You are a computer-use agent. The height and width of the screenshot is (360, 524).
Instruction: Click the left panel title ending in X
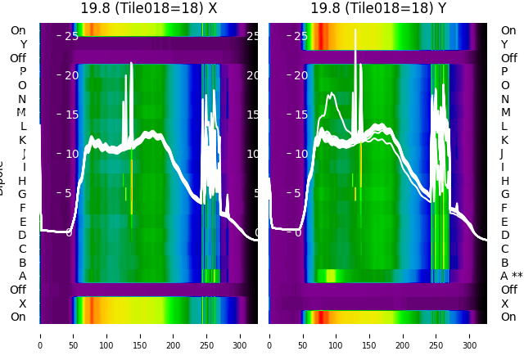pyautogui.click(x=148, y=8)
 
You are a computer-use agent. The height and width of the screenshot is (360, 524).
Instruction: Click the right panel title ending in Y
pyautogui.click(x=378, y=8)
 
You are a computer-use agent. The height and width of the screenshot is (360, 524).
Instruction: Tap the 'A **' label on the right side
pyautogui.click(x=512, y=276)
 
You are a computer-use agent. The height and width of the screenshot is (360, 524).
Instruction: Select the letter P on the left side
pyautogui.click(x=22, y=72)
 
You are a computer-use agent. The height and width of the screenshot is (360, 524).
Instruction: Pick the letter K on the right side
pyautogui.click(x=504, y=140)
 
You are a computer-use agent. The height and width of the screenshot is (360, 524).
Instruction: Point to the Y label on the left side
pyautogui.click(x=23, y=44)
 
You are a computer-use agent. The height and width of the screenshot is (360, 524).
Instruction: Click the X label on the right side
pyautogui.click(x=504, y=304)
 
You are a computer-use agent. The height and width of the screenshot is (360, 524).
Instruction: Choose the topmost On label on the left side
pyautogui.click(x=18, y=30)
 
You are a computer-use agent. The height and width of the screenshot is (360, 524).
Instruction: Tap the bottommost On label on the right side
pyautogui.click(x=508, y=317)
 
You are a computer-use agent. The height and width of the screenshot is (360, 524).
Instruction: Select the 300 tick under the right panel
pyautogui.click(x=470, y=335)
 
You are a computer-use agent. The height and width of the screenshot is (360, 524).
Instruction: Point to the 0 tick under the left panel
pyautogui.click(x=39, y=335)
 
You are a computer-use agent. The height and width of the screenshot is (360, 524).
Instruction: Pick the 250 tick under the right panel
pyautogui.click(x=436, y=335)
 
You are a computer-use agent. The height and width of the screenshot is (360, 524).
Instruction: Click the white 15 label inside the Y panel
pyautogui.click(x=301, y=115)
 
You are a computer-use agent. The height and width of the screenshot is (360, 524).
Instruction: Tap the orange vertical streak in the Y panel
pyautogui.click(x=360, y=168)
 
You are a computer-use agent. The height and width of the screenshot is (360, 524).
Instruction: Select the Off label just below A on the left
pyautogui.click(x=18, y=290)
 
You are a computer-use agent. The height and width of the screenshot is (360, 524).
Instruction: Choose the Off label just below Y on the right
pyautogui.click(x=508, y=58)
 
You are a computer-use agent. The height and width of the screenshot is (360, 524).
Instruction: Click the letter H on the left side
pyautogui.click(x=22, y=181)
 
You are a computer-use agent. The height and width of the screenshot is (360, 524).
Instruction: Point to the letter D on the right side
pyautogui.click(x=504, y=235)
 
